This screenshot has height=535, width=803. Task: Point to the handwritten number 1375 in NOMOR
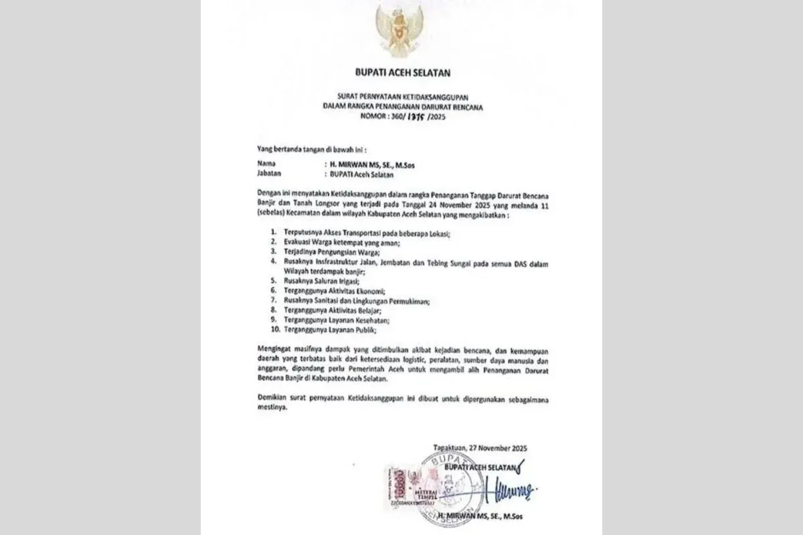(410, 116)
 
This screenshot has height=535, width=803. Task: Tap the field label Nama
(266, 163)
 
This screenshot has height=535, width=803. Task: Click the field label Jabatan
(269, 174)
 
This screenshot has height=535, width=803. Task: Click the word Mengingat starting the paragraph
(275, 350)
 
